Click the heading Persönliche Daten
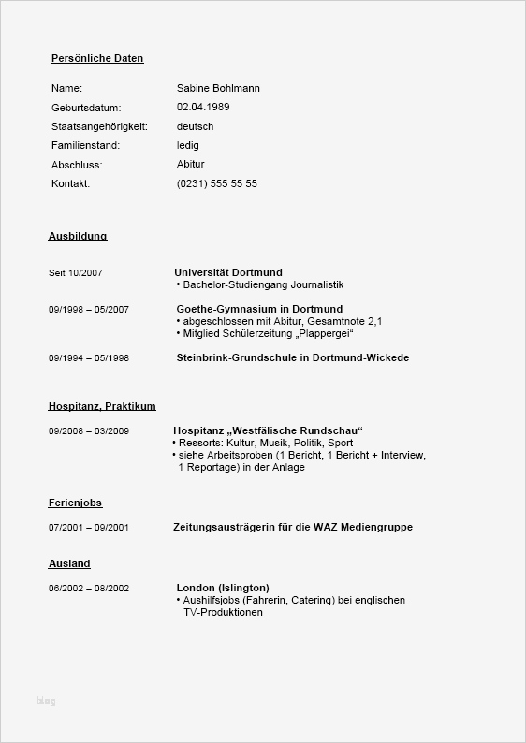pyautogui.click(x=97, y=58)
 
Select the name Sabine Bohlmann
pyautogui.click(x=218, y=88)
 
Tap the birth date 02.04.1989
pyautogui.click(x=203, y=107)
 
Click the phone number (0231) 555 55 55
pyautogui.click(x=216, y=183)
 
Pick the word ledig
pyautogui.click(x=187, y=145)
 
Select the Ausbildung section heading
pyautogui.click(x=78, y=237)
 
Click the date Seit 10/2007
pyautogui.click(x=75, y=273)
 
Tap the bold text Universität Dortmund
pyautogui.click(x=227, y=272)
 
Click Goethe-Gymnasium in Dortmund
pyautogui.click(x=259, y=309)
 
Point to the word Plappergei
pyautogui.click(x=326, y=333)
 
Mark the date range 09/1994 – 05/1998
pyautogui.click(x=88, y=358)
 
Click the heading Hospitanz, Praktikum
pyautogui.click(x=102, y=406)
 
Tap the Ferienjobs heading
pyautogui.click(x=75, y=503)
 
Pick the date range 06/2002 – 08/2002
pyautogui.click(x=88, y=589)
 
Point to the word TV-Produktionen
pyautogui.click(x=224, y=612)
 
